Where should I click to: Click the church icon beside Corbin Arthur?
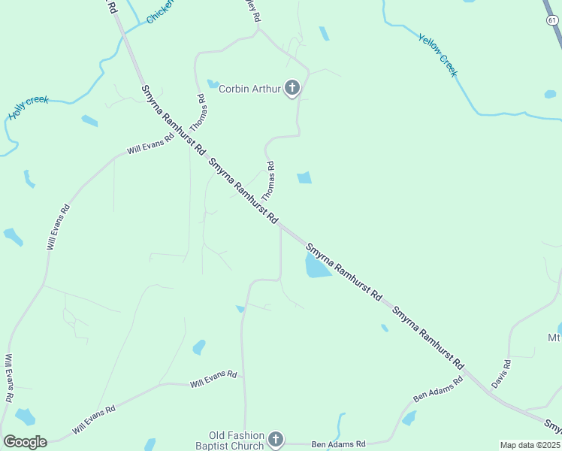292,89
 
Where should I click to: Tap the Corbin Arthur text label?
249,89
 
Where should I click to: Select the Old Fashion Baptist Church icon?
276,440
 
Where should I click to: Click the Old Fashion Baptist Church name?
237,440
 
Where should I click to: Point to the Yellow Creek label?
437,55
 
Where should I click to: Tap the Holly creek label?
28,107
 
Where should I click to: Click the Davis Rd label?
501,374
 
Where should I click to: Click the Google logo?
25,442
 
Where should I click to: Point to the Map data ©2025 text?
530,445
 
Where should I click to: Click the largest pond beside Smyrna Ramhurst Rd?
317,266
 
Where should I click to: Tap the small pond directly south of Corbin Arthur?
304,178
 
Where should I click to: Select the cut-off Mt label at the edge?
554,338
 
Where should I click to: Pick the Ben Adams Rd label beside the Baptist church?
338,444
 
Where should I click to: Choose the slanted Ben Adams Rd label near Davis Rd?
439,386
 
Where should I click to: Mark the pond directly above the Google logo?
25,416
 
